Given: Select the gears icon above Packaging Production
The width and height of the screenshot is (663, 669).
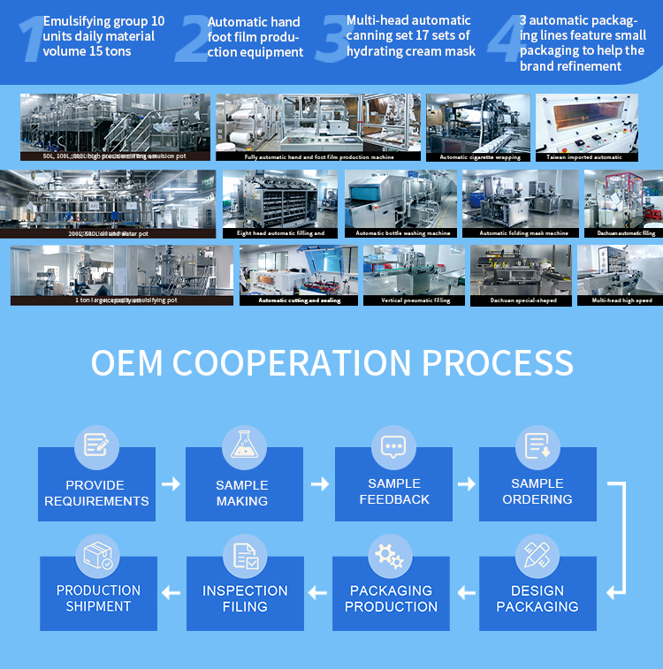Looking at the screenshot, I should point(390,556).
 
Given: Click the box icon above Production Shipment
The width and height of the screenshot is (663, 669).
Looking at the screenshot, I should point(97,556).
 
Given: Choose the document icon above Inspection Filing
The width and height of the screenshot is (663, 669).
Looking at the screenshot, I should point(245,556).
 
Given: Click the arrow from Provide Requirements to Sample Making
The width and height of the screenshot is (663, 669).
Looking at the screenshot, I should point(171,483).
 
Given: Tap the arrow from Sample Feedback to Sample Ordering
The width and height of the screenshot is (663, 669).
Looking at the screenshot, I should point(466,483).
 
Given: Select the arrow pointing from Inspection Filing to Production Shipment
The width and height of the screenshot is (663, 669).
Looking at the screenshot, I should point(171,592).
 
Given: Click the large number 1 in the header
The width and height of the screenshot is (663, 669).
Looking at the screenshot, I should point(31,39).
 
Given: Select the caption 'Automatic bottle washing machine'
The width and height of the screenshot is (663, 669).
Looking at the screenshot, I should point(402,233).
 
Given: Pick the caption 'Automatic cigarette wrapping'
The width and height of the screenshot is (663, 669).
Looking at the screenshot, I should point(479,157).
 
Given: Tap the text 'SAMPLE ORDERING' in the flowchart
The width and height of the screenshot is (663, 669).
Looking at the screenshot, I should point(537,491).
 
